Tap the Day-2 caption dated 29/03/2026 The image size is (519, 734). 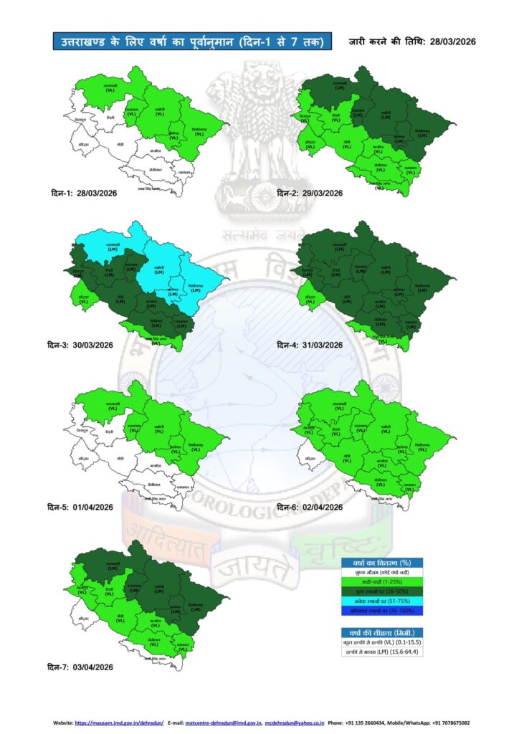click(x=310, y=194)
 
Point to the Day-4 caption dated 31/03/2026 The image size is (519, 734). click(x=310, y=345)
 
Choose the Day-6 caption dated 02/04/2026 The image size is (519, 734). click(x=310, y=507)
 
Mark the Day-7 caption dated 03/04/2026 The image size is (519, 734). click(x=80, y=667)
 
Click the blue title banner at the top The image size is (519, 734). click(x=192, y=42)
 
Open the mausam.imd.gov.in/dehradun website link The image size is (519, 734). click(x=119, y=723)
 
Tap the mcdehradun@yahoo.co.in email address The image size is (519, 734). click(x=295, y=723)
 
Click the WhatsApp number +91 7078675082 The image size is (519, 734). click(x=451, y=723)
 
